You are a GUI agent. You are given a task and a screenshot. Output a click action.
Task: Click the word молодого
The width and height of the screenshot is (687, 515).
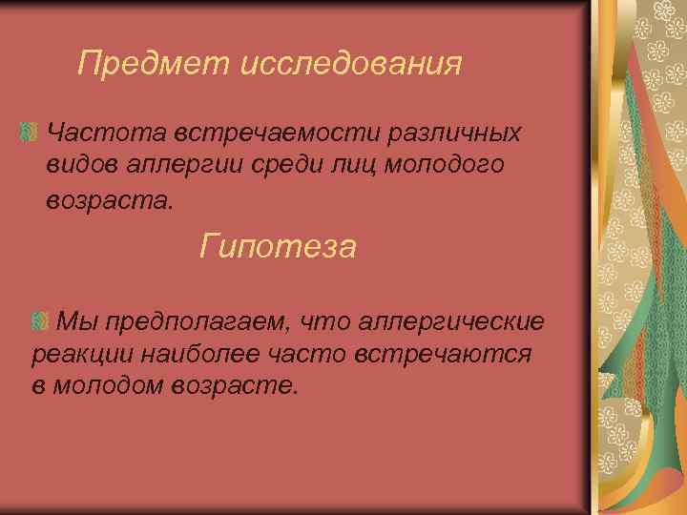click(443, 165)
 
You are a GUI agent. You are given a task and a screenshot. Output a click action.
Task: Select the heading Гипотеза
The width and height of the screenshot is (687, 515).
click(279, 248)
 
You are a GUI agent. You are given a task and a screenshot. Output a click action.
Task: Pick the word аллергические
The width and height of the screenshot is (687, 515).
click(452, 319)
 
